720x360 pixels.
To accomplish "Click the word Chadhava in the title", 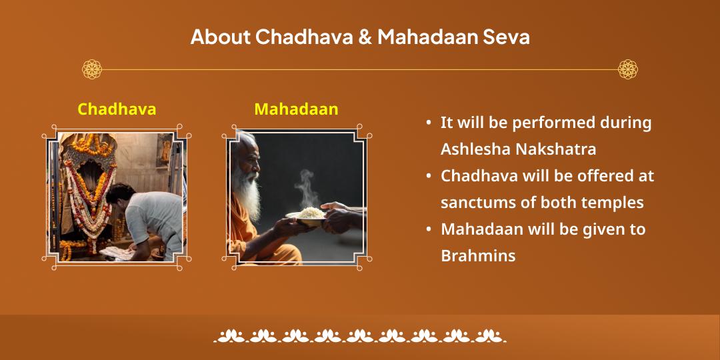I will pos(303,37).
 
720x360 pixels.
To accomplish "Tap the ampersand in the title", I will pos(365,37).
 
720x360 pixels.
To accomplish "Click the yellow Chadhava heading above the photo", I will pos(117,109).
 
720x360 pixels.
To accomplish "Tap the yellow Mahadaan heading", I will pos(296,109).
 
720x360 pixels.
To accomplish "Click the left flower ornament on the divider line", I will pos(92,69).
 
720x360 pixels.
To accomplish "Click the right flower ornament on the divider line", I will pos(627,69).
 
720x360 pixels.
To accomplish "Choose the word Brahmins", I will pos(478,256).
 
